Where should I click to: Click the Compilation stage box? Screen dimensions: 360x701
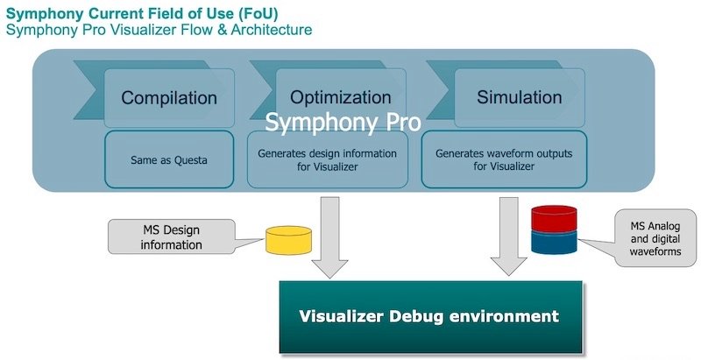(x=168, y=97)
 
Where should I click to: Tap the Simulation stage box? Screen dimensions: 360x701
(x=519, y=97)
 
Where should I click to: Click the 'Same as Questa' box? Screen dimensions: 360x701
(x=169, y=159)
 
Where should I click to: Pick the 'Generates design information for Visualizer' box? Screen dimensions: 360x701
(x=327, y=159)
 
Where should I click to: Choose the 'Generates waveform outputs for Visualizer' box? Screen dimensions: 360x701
(x=503, y=159)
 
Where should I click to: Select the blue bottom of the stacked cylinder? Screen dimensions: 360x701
(x=554, y=242)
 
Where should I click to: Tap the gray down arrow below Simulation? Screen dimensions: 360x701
(x=508, y=236)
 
